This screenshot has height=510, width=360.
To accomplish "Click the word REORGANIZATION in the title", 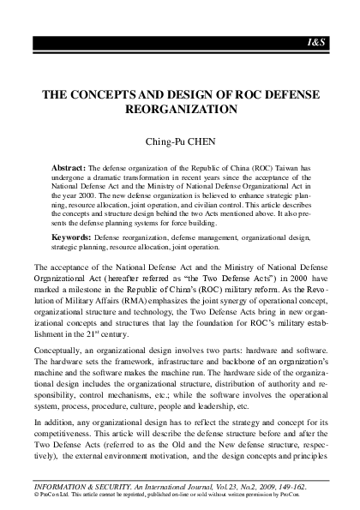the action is [180, 110].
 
